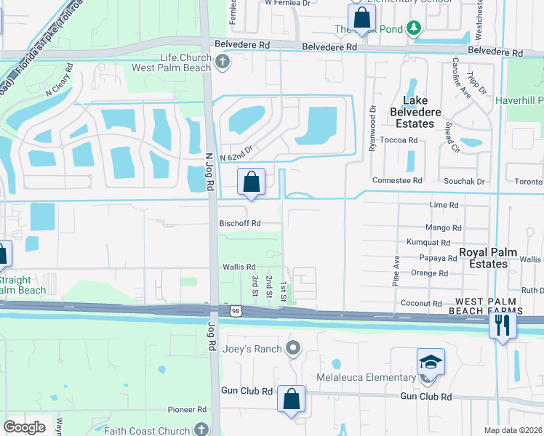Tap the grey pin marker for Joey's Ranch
[x=293, y=349]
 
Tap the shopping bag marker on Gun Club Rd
[x=291, y=399]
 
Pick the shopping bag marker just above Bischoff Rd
[x=251, y=182]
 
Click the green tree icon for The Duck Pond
[x=415, y=28]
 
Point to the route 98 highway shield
[x=236, y=310]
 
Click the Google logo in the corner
[x=24, y=427]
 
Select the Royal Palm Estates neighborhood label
[x=488, y=258]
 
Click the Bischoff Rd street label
[x=240, y=224]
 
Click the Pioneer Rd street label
[x=187, y=410]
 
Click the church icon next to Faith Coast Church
[x=203, y=429]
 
